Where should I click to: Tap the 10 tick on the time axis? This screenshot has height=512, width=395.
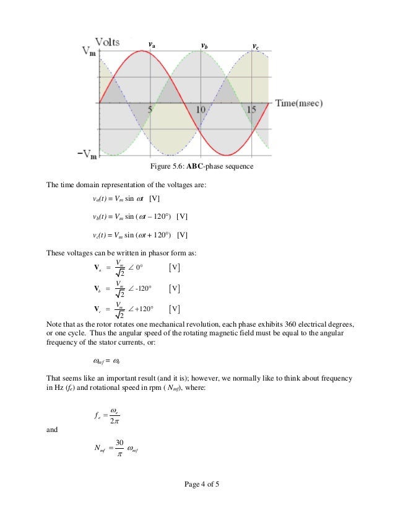point(201,110)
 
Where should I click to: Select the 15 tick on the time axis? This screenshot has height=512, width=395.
point(251,110)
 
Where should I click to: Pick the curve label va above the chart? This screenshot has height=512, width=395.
point(152,45)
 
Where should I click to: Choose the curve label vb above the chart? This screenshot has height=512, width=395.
point(204,46)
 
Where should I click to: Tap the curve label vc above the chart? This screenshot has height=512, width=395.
point(255,46)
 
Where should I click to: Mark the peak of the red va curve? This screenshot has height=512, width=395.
point(142,51)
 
